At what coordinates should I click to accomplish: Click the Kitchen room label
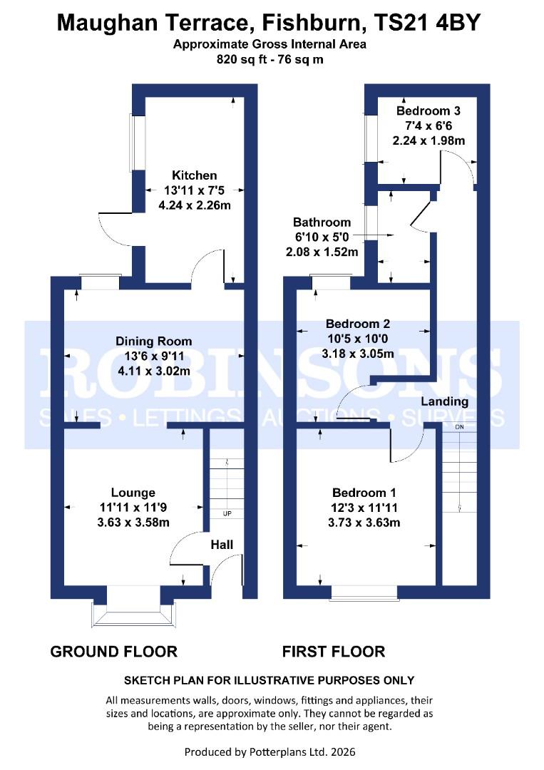pyautogui.click(x=194, y=175)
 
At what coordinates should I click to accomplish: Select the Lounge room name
pyautogui.click(x=133, y=493)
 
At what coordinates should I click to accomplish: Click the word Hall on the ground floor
pyautogui.click(x=222, y=545)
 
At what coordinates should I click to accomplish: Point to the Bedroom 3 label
pyautogui.click(x=428, y=111)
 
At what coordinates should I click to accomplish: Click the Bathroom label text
pyautogui.click(x=322, y=222)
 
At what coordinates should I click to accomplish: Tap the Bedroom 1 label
pyautogui.click(x=364, y=493)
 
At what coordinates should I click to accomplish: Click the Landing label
pyautogui.click(x=444, y=401)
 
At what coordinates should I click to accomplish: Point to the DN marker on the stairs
pyautogui.click(x=459, y=426)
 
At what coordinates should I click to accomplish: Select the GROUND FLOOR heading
pyautogui.click(x=113, y=651)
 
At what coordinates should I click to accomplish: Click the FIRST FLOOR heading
pyautogui.click(x=334, y=651)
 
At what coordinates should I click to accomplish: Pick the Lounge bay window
pyautogui.click(x=133, y=612)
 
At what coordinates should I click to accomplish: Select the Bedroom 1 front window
pyautogui.click(x=364, y=592)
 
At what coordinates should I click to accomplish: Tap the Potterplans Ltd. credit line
pyautogui.click(x=270, y=751)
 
